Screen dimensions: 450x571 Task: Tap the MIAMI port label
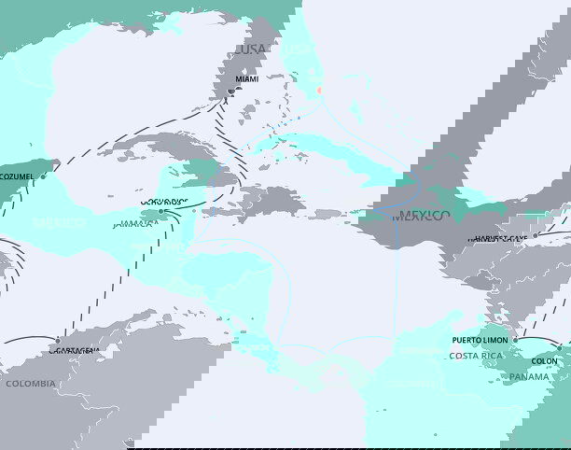point(247,79)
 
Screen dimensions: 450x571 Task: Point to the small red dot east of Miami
point(318,91)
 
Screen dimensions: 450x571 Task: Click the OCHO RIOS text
point(163,201)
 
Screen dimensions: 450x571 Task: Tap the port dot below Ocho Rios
point(160,211)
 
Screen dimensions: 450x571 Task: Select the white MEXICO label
point(60,224)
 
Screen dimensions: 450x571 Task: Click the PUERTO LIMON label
point(480,341)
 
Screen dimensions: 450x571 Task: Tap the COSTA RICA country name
point(470,356)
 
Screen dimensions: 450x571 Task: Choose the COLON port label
point(544,361)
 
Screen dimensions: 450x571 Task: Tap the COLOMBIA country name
point(31,384)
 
